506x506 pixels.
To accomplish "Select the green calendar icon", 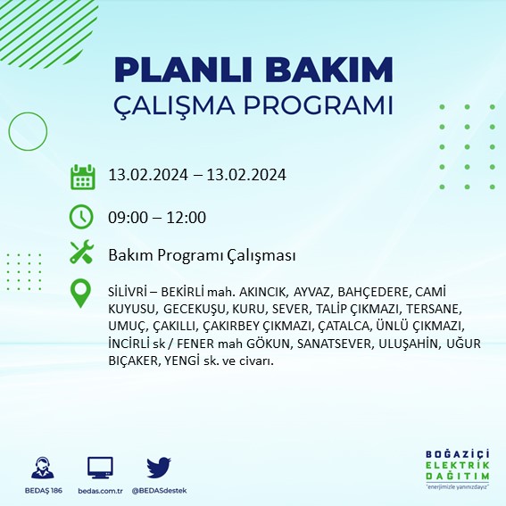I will (83, 176).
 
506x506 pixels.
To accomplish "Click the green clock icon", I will (81, 216).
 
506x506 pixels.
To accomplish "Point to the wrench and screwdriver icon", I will (82, 253).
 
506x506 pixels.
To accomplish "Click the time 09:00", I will (128, 217).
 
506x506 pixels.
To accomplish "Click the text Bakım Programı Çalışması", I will (202, 255).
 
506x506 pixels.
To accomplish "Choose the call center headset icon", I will (41, 469).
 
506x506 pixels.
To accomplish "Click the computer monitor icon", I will (99, 469).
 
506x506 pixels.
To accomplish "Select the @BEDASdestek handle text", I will (159, 491).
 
